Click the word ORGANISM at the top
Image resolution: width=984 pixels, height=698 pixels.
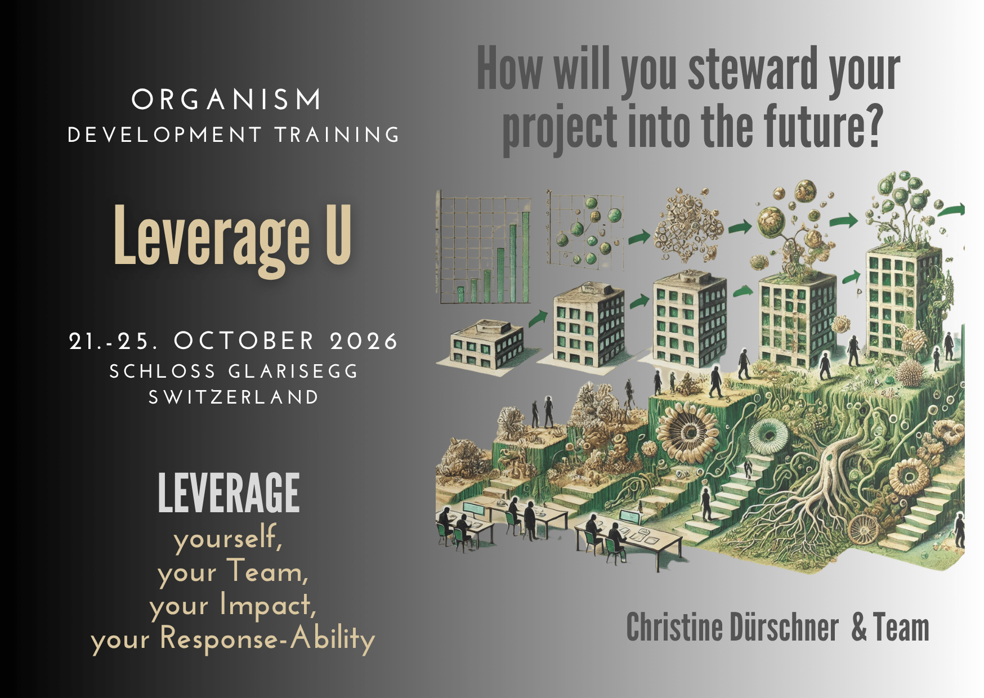[226, 100]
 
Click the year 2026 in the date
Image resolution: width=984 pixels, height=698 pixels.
[364, 341]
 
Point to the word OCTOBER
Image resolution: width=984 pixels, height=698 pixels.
[244, 341]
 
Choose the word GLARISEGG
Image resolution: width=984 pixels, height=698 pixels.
[293, 372]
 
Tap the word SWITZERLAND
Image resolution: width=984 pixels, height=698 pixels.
[234, 397]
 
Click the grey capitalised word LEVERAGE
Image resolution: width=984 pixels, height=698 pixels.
[229, 493]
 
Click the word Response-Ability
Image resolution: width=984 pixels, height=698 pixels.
[267, 639]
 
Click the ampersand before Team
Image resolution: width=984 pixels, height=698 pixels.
[859, 628]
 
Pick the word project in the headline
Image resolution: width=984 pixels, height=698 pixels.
[560, 128]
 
